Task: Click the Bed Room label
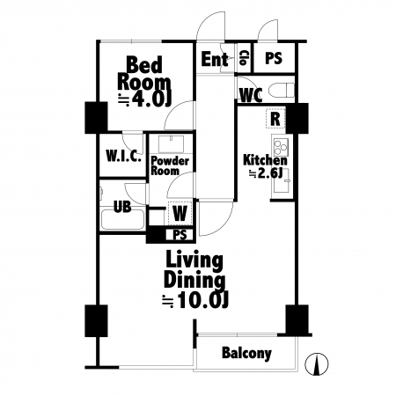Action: pyautogui.click(x=144, y=74)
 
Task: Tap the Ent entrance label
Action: pyautogui.click(x=215, y=59)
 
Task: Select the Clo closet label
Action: pyautogui.click(x=243, y=58)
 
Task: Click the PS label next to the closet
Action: pyautogui.click(x=274, y=58)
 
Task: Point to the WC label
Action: pyautogui.click(x=251, y=95)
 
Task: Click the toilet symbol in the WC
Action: pyautogui.click(x=281, y=90)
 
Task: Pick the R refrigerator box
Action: pyautogui.click(x=275, y=118)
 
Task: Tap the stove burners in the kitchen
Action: pyautogui.click(x=281, y=147)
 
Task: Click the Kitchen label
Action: pyautogui.click(x=265, y=160)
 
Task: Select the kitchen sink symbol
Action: pyautogui.click(x=282, y=180)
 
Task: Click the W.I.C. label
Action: pyautogui.click(x=123, y=156)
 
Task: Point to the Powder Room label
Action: pyautogui.click(x=170, y=165)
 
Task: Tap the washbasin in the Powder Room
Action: pyautogui.click(x=171, y=143)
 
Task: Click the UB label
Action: pyautogui.click(x=122, y=207)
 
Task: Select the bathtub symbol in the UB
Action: pyautogui.click(x=122, y=220)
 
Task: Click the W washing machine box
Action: pyautogui.click(x=180, y=213)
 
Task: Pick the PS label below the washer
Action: pyautogui.click(x=180, y=235)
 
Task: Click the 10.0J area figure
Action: pyautogui.click(x=195, y=300)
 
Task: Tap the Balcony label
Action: pyautogui.click(x=246, y=353)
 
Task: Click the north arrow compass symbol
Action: pyautogui.click(x=317, y=363)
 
